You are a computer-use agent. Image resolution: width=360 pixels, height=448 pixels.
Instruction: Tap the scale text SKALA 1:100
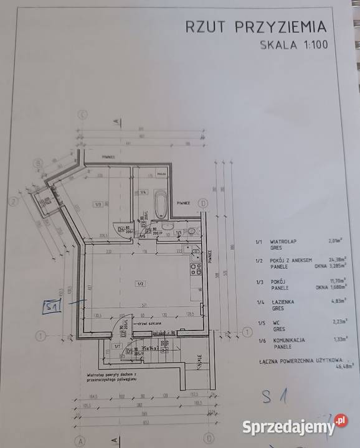[293, 45]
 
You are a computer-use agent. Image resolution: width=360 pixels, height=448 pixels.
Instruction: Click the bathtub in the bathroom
[162, 203]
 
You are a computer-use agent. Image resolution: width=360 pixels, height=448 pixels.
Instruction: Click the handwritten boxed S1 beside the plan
[52, 307]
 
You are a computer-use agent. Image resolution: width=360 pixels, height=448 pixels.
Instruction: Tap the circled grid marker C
[82, 114]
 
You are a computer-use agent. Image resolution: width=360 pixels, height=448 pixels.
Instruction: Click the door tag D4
[121, 228]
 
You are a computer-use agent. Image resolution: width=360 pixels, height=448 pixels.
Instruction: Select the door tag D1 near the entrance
[128, 350]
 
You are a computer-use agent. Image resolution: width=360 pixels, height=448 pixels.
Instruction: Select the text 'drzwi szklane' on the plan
[151, 325]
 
